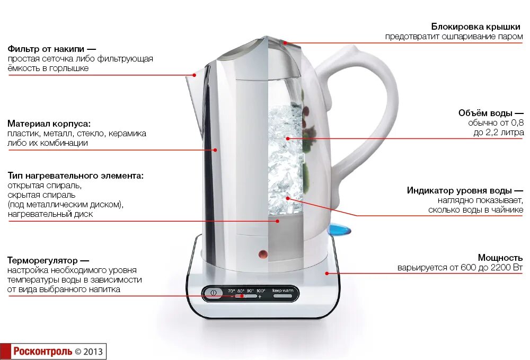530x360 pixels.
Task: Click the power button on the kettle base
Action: (213, 292)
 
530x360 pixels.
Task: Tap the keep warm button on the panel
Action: (282, 291)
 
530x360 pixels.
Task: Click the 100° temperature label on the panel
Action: (260, 291)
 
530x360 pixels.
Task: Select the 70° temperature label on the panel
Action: (232, 291)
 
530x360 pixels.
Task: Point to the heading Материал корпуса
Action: (49, 123)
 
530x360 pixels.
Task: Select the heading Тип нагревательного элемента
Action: (76, 175)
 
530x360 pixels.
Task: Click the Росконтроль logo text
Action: (42, 351)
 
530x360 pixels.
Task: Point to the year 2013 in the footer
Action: (94, 351)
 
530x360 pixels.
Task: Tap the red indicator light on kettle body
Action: (261, 253)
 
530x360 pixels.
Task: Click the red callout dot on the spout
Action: (195, 75)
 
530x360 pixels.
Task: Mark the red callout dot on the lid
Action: (284, 42)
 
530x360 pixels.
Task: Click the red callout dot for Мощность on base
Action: (327, 273)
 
